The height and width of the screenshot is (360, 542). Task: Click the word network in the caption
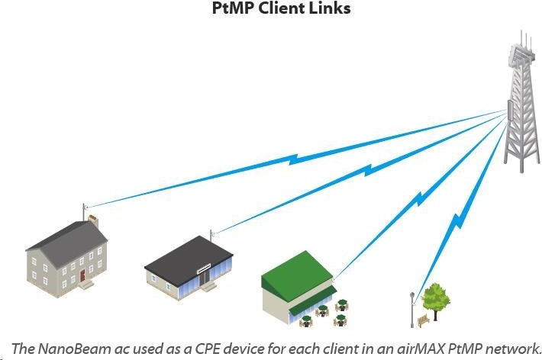(513, 349)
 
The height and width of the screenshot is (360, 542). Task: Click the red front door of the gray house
(82, 275)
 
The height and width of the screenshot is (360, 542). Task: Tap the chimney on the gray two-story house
(93, 221)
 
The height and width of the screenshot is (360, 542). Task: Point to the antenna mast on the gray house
(84, 212)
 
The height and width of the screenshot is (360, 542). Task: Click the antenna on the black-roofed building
(211, 236)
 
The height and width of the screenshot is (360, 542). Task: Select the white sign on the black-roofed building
(204, 268)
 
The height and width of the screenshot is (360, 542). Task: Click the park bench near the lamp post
(424, 321)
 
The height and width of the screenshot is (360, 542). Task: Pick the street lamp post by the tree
(412, 310)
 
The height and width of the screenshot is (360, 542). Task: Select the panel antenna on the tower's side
(509, 110)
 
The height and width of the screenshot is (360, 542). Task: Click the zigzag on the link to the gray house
(293, 159)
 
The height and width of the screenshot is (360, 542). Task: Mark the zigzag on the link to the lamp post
(458, 221)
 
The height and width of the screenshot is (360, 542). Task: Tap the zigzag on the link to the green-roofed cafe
(419, 198)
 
